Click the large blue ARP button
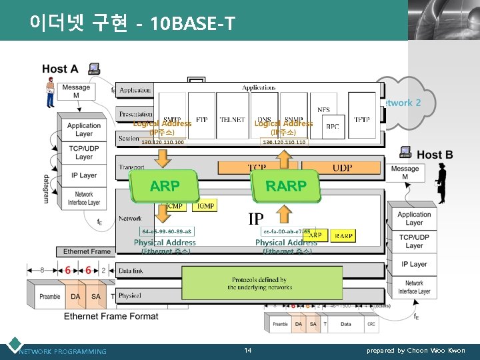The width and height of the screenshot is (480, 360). tap(165, 186)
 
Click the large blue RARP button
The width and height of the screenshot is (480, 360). tap(286, 186)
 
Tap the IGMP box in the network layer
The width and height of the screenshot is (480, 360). tap(205, 206)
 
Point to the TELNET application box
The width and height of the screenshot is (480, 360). tap(232, 119)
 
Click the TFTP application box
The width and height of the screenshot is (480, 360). tap(361, 119)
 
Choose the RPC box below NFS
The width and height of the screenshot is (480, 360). tap(331, 126)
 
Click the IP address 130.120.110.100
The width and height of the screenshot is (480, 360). tap(163, 142)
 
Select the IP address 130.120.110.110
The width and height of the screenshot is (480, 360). tap(284, 142)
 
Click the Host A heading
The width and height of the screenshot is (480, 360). tap(60, 69)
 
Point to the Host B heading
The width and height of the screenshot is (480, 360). tap(435, 155)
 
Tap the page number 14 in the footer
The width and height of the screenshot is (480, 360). tap(247, 350)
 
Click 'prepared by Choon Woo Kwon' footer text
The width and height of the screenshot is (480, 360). tap(416, 351)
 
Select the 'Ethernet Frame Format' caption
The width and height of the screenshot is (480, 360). tap(111, 316)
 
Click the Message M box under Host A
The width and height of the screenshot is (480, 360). tap(76, 91)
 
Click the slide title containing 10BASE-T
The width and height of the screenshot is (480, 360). tap(132, 24)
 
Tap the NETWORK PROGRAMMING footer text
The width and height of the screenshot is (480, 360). tap(63, 351)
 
